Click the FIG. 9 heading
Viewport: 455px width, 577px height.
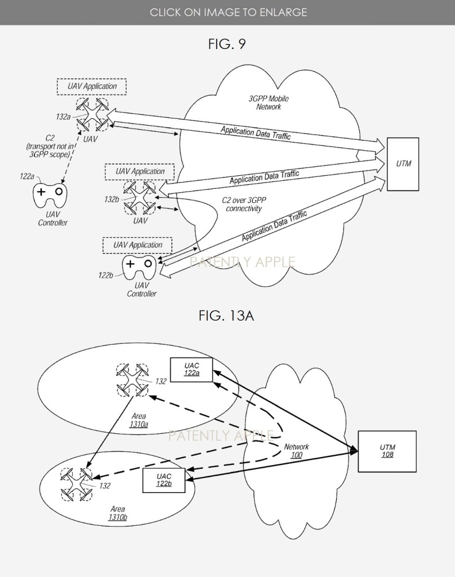point(227,43)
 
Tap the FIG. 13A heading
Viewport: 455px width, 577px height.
point(227,316)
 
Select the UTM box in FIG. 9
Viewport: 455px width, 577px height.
point(403,163)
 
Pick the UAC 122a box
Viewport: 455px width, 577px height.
point(192,369)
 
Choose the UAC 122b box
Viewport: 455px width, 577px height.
point(164,480)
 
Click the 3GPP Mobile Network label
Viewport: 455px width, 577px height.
point(268,102)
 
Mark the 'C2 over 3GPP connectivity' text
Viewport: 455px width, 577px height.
point(244,205)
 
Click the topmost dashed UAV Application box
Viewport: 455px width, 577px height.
point(91,86)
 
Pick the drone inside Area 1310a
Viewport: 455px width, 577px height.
point(132,379)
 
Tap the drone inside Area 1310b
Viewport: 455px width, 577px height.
point(76,483)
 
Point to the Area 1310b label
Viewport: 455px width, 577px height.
point(118,512)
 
